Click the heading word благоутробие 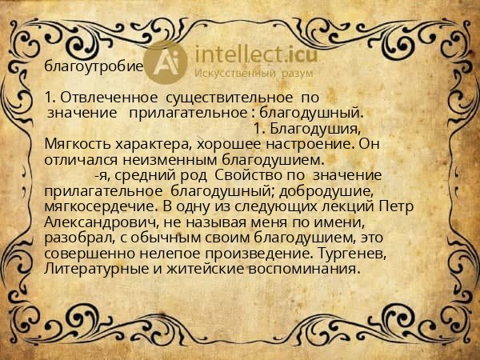(94, 66)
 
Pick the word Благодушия (315, 128)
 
